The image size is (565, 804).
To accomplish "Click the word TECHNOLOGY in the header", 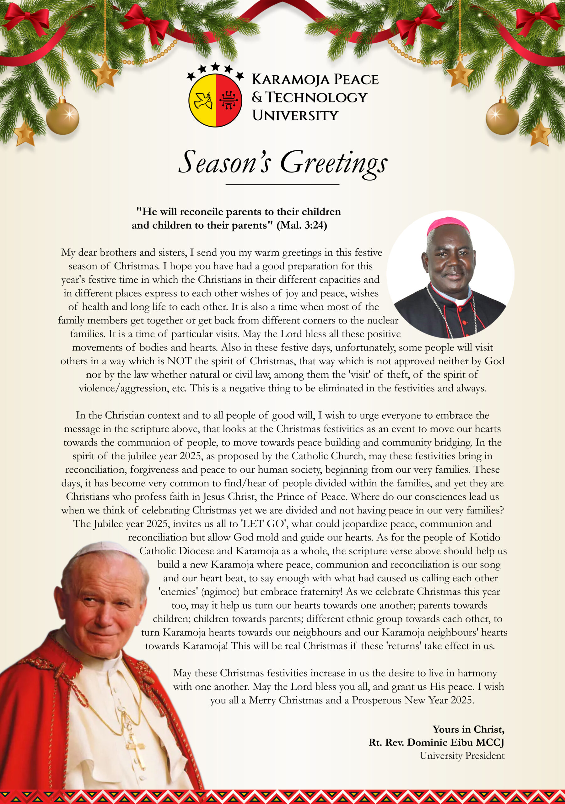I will [x=316, y=98].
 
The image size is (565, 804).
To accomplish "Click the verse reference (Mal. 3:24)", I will [x=302, y=225].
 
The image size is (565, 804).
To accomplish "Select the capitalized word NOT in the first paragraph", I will [x=179, y=361].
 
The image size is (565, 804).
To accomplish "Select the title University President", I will [x=462, y=756].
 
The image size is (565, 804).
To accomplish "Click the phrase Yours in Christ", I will [x=468, y=730].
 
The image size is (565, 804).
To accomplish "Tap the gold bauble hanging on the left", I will [x=63, y=118].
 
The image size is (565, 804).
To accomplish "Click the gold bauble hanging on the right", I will [x=502, y=118].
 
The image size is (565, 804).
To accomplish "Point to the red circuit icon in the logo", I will [x=229, y=100].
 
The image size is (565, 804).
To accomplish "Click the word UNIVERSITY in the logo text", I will [x=295, y=116].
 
